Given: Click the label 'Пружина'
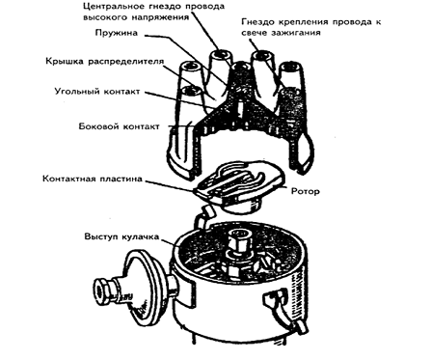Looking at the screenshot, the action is pyautogui.click(x=117, y=33).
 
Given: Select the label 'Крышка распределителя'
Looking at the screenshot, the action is pyautogui.click(x=105, y=61).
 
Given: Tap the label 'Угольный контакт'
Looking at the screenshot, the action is pyautogui.click(x=97, y=91).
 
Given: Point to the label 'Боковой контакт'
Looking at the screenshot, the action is pyautogui.click(x=119, y=126).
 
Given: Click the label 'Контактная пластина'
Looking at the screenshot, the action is pyautogui.click(x=93, y=179).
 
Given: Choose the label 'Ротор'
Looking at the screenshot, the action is pyautogui.click(x=306, y=191).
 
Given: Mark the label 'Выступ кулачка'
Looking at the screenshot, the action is pyautogui.click(x=121, y=236).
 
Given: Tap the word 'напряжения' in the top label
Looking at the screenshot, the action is pyautogui.click(x=160, y=17).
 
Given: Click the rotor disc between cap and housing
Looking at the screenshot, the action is pyautogui.click(x=238, y=186).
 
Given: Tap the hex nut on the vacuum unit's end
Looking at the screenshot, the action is pyautogui.click(x=103, y=291).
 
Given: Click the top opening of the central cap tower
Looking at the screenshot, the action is pyautogui.click(x=241, y=67).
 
